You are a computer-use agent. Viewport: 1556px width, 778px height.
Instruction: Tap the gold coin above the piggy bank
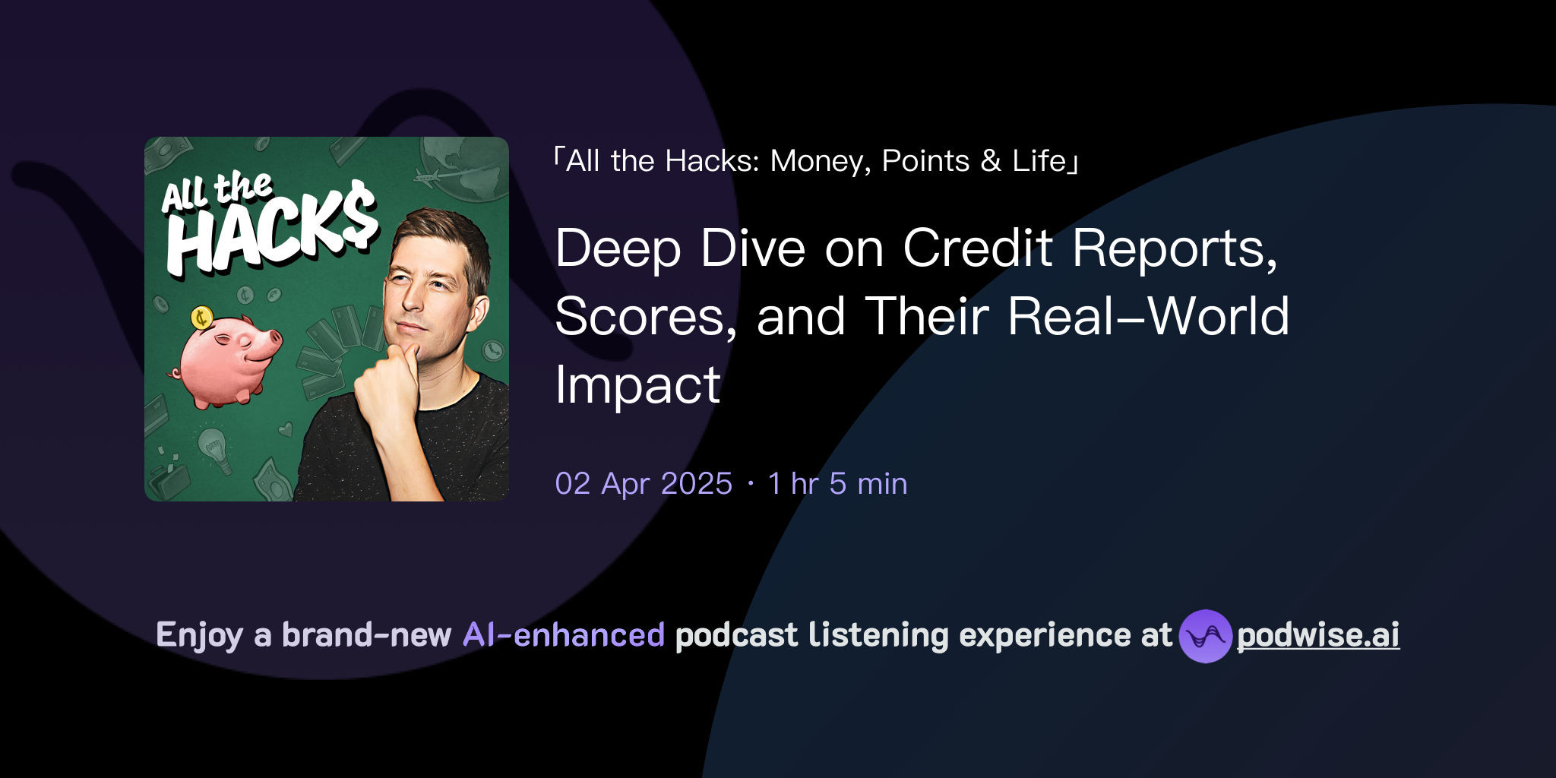(x=201, y=318)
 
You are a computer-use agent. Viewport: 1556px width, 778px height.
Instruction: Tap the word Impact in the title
(x=637, y=385)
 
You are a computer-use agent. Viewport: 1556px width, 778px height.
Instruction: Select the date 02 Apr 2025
(x=644, y=484)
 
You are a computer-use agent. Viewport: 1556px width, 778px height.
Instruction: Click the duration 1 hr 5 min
(x=837, y=484)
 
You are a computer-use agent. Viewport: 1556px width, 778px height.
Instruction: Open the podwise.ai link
(x=1318, y=635)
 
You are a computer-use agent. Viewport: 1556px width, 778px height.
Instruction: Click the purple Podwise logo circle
(x=1205, y=636)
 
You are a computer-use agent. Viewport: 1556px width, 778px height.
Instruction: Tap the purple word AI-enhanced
(x=564, y=635)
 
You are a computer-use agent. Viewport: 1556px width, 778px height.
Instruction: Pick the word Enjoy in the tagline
(x=199, y=635)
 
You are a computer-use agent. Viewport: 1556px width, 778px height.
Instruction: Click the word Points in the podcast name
(x=925, y=161)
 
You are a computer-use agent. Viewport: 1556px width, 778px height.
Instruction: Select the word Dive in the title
(x=752, y=248)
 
